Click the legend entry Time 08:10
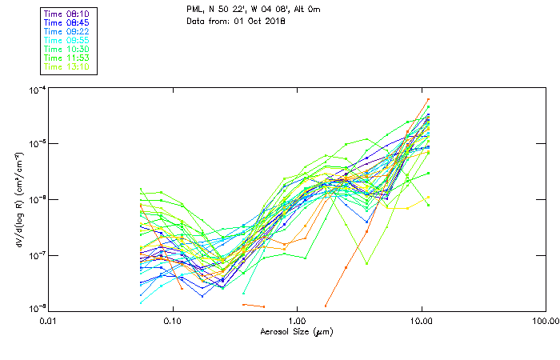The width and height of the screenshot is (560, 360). tap(67, 14)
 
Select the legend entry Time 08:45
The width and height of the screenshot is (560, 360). tap(67, 23)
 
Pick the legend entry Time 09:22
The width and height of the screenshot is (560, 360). tap(67, 32)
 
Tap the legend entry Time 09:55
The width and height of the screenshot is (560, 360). tap(67, 41)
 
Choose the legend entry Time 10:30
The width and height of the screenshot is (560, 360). tap(67, 50)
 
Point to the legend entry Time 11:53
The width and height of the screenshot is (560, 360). tap(67, 58)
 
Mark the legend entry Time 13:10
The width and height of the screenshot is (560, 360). tap(67, 67)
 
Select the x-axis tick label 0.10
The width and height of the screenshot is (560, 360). tap(173, 321)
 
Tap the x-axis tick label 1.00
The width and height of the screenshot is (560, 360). tap(297, 321)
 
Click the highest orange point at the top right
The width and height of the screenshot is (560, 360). tap(428, 100)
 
